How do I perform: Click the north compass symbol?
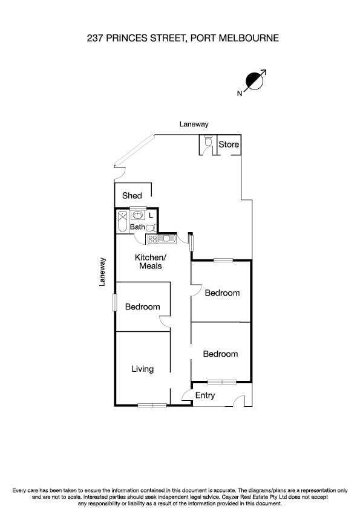254,82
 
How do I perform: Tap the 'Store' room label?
229,145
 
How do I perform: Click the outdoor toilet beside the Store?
208,142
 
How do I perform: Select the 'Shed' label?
132,195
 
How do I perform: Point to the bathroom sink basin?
137,215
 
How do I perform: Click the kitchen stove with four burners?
151,239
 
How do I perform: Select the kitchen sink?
166,239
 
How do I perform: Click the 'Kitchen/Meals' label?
149,262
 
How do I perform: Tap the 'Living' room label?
143,369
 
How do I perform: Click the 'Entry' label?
205,395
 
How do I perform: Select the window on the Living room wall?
151,404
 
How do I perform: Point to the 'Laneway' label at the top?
194,125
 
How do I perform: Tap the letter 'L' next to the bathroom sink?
151,215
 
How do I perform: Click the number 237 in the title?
96,38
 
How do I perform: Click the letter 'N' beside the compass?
240,93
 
